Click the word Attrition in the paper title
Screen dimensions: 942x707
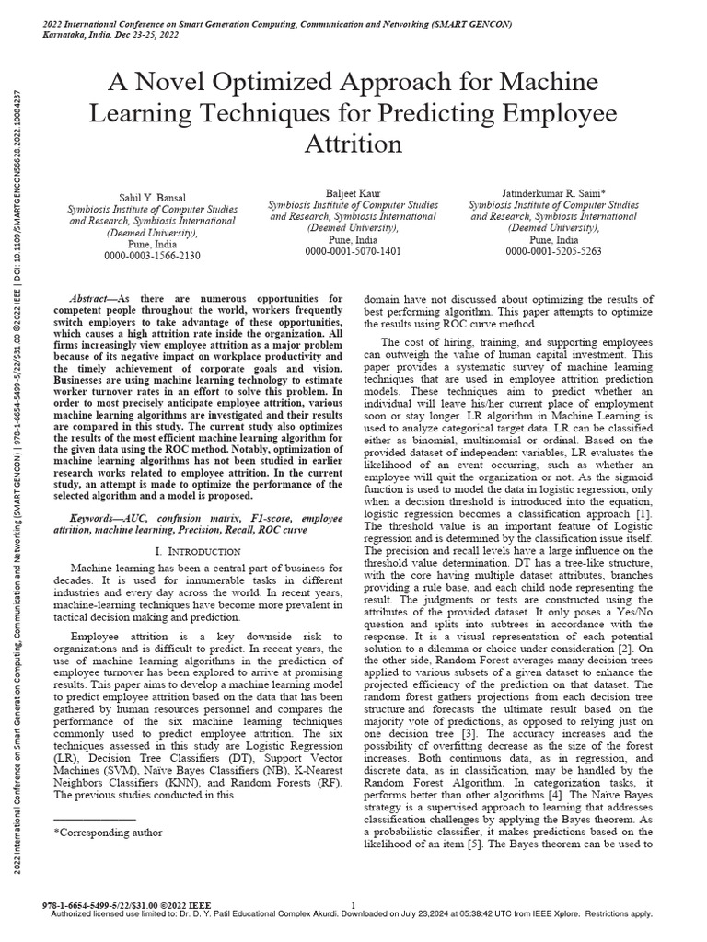[353, 144]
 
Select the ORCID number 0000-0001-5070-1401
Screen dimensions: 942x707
[341, 250]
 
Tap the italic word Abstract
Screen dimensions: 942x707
[93, 300]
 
